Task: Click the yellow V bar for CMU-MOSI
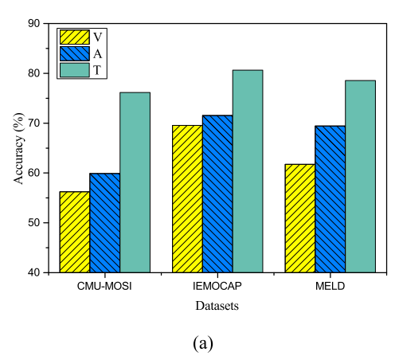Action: (x=74, y=232)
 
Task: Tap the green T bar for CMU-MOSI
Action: (x=135, y=182)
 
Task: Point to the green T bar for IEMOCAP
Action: (x=248, y=171)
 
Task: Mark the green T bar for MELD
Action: (x=360, y=176)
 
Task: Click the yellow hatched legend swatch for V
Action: (x=73, y=37)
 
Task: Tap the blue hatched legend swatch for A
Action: (x=73, y=53)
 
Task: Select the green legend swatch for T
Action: (x=73, y=70)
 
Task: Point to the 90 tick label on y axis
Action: (x=36, y=24)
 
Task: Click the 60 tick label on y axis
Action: (x=36, y=173)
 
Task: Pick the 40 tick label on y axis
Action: (x=36, y=272)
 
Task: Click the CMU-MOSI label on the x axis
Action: (x=104, y=287)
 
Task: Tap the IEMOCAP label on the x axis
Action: (x=217, y=287)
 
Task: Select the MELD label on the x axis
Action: (x=330, y=287)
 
